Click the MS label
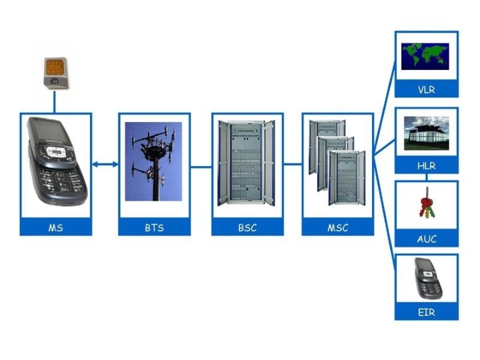(x=55, y=227)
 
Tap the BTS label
(x=154, y=227)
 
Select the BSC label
(x=247, y=227)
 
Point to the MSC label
(x=337, y=227)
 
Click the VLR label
(x=427, y=89)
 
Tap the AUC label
(x=427, y=239)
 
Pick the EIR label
(x=427, y=311)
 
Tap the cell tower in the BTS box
(x=155, y=163)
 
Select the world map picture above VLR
(x=427, y=57)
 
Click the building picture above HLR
(x=427, y=133)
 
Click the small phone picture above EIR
(x=427, y=279)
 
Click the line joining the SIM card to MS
(x=55, y=102)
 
